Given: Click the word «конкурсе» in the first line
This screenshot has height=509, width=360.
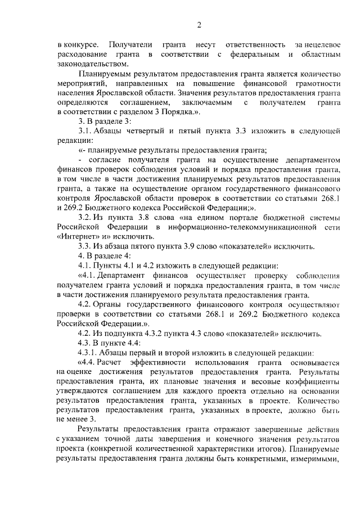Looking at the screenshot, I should pyautogui.click(x=84, y=44).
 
